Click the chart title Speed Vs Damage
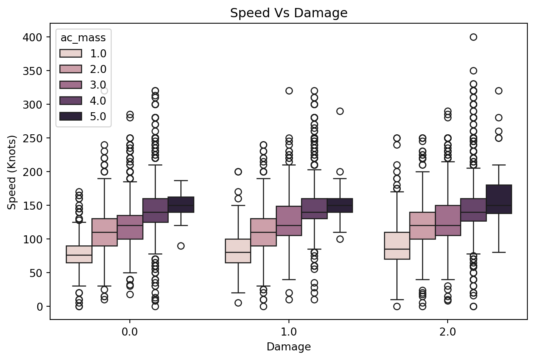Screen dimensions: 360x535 pyautogui.click(x=289, y=13)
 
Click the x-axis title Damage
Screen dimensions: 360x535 pyautogui.click(x=289, y=347)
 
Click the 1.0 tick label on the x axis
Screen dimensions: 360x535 pyautogui.click(x=289, y=332)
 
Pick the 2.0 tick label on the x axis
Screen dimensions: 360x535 pyautogui.click(x=447, y=332)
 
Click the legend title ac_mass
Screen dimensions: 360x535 pyautogui.click(x=83, y=38)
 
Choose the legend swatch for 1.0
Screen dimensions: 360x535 pyautogui.click(x=71, y=53)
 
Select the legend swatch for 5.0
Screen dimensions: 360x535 pyautogui.click(x=71, y=116)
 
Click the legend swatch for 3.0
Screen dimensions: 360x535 pyautogui.click(x=71, y=85)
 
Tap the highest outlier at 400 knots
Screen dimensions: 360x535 pyautogui.click(x=473, y=37)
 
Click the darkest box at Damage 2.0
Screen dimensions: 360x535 pyautogui.click(x=499, y=199)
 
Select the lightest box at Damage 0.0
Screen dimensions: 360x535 pyautogui.click(x=79, y=254)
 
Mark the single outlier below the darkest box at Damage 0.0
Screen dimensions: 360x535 pyautogui.click(x=181, y=246)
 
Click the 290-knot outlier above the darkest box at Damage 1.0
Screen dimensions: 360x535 pyautogui.click(x=340, y=111)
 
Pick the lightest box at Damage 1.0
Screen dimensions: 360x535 pyautogui.click(x=238, y=251)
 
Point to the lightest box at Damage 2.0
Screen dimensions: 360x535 pyautogui.click(x=397, y=245)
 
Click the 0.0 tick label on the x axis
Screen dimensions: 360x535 pyautogui.click(x=130, y=332)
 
